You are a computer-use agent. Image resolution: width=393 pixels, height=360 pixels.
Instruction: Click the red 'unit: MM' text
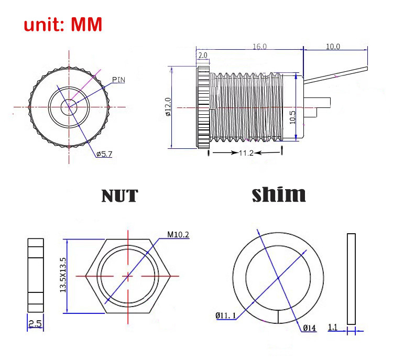click(x=63, y=24)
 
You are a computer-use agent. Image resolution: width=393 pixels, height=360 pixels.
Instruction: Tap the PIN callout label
click(x=118, y=80)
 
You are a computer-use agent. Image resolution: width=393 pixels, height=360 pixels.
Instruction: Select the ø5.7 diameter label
click(x=104, y=154)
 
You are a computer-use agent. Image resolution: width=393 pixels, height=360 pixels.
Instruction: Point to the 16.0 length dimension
click(x=260, y=47)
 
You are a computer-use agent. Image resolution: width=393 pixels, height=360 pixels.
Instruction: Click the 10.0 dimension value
click(x=333, y=47)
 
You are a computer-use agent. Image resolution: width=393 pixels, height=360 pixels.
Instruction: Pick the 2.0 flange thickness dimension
click(x=203, y=55)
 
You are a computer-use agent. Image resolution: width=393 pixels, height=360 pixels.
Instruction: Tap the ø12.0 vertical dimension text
click(x=168, y=107)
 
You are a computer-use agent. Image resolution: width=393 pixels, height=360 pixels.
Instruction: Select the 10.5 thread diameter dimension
click(x=292, y=117)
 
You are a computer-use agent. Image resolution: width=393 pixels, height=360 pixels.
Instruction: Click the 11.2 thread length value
click(x=246, y=152)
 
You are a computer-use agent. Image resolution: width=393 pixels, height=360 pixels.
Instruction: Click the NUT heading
click(x=120, y=196)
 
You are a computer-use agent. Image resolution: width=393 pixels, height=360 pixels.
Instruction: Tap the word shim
click(x=279, y=194)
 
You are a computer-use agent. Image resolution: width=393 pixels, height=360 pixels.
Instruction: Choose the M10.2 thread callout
click(x=178, y=234)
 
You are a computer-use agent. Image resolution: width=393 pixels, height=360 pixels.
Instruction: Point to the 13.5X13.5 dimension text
click(x=63, y=275)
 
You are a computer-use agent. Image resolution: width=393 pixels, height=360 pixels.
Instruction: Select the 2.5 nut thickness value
click(x=35, y=324)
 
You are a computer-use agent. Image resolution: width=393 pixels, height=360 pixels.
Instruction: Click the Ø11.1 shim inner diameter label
click(x=225, y=315)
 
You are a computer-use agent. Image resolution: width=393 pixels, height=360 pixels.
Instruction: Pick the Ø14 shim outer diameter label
click(x=309, y=328)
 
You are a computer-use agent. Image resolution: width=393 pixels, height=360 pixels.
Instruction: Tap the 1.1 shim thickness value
click(x=333, y=327)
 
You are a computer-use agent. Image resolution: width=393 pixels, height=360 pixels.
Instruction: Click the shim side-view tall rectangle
click(x=351, y=279)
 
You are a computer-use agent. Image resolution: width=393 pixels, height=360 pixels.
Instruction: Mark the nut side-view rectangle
click(x=36, y=275)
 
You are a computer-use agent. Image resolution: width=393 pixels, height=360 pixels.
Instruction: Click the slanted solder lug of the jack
click(x=336, y=75)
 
